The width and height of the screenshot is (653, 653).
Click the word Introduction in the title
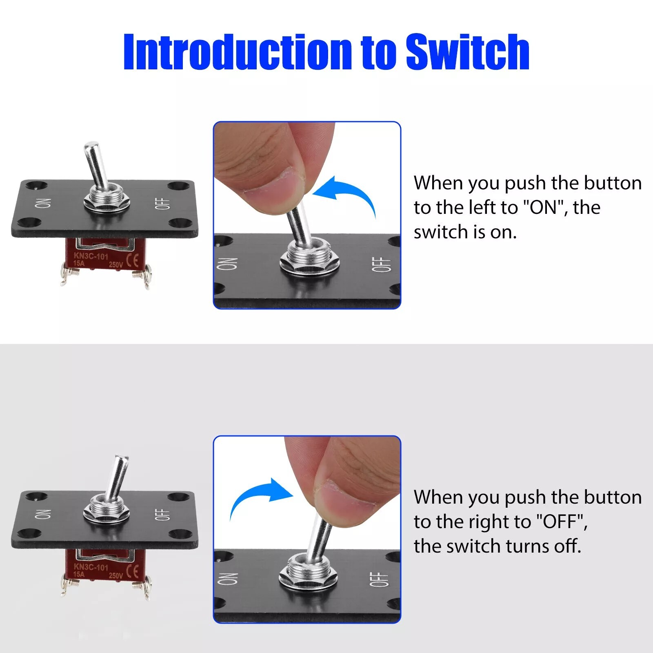click(238, 52)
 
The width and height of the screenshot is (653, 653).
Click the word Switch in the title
click(468, 52)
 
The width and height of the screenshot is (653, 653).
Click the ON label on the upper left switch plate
click(43, 203)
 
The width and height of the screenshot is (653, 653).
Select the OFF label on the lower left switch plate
click(162, 515)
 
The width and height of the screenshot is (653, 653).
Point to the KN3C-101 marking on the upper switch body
click(91, 256)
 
